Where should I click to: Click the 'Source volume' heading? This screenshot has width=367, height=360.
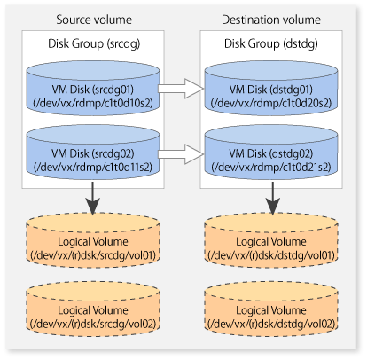94,20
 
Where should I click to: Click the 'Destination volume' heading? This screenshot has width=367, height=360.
271,20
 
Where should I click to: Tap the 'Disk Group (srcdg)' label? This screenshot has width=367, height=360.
94,43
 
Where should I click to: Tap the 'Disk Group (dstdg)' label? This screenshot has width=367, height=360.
271,43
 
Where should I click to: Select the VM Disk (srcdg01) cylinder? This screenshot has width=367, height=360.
93,88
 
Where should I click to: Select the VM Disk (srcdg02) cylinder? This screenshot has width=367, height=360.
93,152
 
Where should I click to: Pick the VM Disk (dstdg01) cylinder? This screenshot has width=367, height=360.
271,88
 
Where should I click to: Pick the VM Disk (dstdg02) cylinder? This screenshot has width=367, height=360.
271,152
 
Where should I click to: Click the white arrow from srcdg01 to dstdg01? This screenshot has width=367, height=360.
181,89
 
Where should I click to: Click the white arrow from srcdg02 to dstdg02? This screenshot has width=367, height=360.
181,154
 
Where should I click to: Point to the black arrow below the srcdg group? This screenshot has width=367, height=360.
93,199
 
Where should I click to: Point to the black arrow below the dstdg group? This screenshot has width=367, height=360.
272,199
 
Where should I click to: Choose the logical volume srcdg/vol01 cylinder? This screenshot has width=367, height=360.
93,241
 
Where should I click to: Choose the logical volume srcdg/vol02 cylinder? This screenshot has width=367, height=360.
93,309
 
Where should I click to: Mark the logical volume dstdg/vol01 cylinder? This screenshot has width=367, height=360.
271,241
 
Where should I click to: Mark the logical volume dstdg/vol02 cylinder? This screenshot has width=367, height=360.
271,309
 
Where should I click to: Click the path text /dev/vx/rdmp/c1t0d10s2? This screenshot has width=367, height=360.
93,103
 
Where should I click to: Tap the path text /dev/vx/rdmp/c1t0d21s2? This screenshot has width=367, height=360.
271,167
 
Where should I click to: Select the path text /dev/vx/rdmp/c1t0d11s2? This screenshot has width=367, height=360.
93,167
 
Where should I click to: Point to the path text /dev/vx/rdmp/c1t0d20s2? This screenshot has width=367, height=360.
271,103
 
